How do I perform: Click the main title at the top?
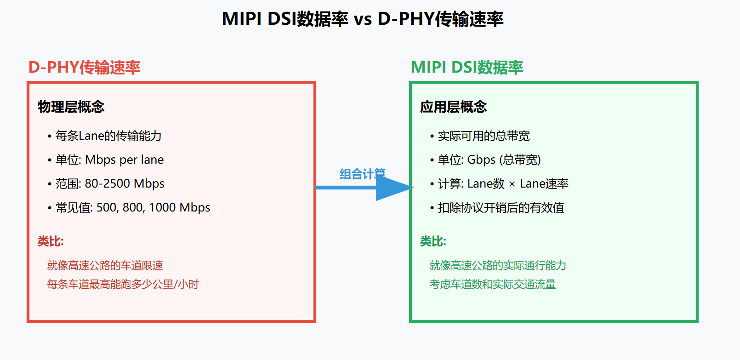(362, 19)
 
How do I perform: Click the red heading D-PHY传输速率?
(84, 68)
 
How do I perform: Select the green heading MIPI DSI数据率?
(467, 68)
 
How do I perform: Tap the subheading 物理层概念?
(71, 107)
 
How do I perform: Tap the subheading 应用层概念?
(453, 107)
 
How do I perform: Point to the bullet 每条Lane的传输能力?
(108, 136)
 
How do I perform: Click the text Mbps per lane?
(125, 160)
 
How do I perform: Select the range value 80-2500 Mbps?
(125, 183)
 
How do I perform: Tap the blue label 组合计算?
(362, 174)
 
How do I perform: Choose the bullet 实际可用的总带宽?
(484, 136)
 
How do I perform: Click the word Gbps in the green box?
(481, 160)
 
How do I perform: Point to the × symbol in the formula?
(512, 184)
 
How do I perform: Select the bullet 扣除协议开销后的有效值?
(501, 208)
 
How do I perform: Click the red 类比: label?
(51, 241)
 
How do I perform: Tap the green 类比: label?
(433, 241)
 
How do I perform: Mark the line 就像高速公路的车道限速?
(105, 265)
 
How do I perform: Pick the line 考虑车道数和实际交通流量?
(493, 284)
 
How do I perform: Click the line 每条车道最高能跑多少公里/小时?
(123, 284)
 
